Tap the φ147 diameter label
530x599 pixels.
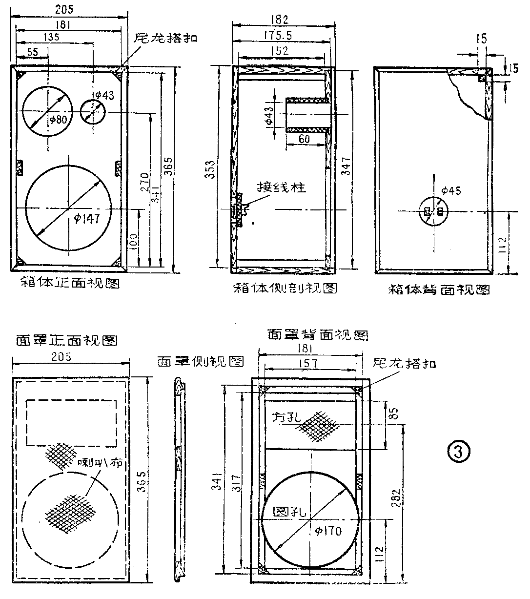coord(87,219)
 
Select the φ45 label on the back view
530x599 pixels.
coord(450,191)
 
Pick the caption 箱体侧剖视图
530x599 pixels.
coord(285,288)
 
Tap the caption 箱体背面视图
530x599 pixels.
coord(439,289)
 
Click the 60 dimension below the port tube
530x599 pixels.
coord(305,140)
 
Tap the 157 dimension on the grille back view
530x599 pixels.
coord(309,363)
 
